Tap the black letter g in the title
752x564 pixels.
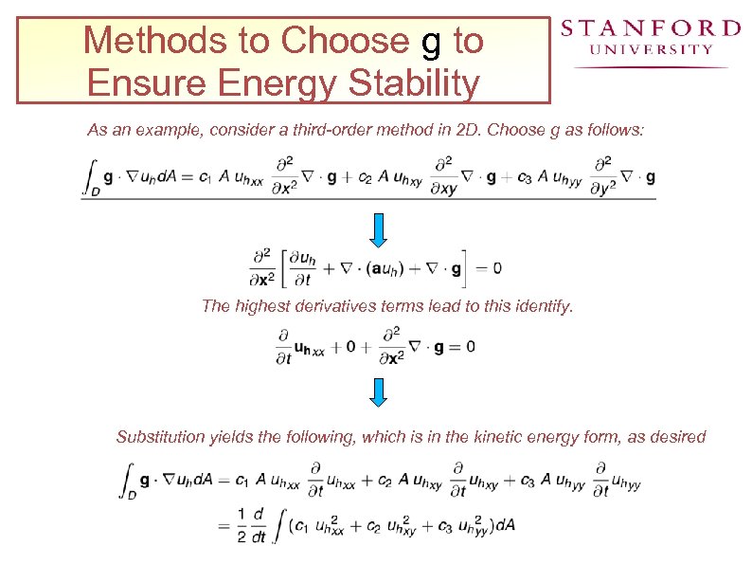[x=431, y=43]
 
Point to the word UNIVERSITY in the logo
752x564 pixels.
[x=651, y=49]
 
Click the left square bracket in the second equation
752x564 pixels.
[x=281, y=268]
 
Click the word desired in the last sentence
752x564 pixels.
[x=679, y=437]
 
